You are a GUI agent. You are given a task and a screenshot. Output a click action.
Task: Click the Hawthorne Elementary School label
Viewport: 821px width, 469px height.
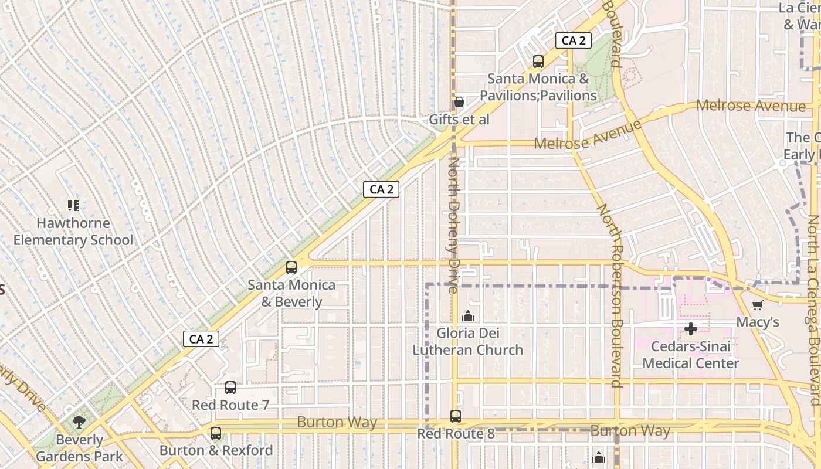click(73, 232)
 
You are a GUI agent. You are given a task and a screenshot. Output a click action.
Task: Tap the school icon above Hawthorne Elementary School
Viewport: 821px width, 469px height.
click(73, 206)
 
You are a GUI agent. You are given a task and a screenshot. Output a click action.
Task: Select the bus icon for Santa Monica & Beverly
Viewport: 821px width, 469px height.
click(291, 267)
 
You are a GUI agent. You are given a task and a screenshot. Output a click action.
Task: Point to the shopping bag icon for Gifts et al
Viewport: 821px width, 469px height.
click(459, 103)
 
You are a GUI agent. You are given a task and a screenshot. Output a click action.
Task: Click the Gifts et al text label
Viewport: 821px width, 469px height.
click(459, 120)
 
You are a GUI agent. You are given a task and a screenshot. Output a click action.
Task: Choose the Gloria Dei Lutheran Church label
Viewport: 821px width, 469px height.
click(468, 342)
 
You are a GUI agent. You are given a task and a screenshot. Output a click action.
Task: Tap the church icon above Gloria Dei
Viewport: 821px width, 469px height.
click(468, 317)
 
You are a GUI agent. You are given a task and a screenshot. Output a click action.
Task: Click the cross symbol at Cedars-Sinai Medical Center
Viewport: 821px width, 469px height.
click(691, 329)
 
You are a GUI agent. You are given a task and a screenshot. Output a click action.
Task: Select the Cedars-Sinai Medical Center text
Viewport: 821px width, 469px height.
click(691, 355)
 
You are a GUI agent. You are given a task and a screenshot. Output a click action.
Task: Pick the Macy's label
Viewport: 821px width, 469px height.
click(758, 322)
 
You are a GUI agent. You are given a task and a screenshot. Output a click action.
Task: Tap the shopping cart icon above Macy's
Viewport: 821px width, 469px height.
click(758, 305)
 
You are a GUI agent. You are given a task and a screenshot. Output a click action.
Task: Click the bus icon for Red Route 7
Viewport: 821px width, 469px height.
click(230, 388)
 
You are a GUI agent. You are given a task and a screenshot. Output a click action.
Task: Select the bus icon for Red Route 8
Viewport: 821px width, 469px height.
click(456, 416)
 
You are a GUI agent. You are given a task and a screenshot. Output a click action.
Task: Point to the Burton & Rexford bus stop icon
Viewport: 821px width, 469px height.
click(216, 433)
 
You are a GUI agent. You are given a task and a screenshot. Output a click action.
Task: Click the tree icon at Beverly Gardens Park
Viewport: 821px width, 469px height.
click(79, 422)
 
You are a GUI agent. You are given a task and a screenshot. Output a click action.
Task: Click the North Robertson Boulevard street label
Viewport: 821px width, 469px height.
click(610, 296)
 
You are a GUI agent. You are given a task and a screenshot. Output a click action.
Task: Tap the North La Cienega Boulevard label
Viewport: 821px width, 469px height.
click(814, 311)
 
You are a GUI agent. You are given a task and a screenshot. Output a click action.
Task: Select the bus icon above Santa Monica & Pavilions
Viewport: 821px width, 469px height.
click(538, 62)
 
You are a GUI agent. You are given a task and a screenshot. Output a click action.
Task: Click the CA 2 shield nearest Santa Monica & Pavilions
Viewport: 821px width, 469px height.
click(574, 40)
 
